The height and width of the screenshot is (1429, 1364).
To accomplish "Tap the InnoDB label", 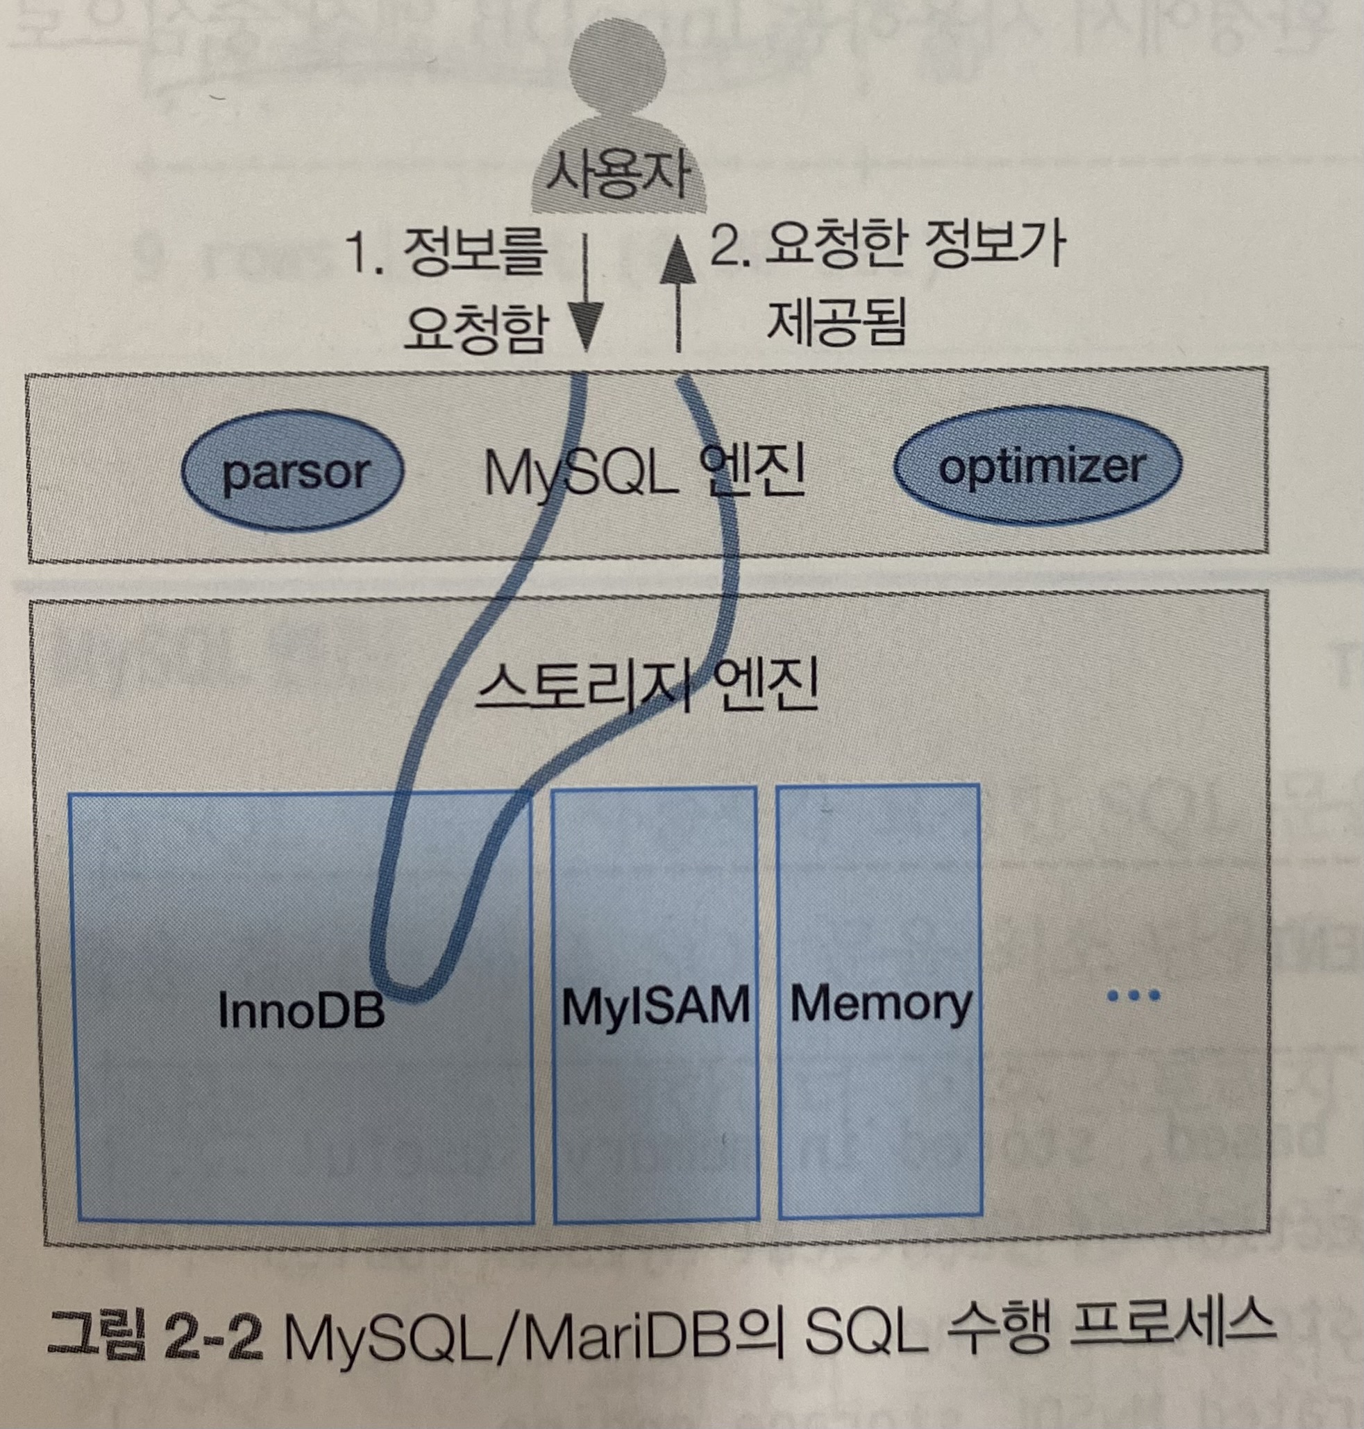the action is (301, 1010).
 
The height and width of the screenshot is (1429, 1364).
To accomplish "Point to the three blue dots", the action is (1133, 996).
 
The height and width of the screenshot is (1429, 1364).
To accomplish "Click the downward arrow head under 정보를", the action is (586, 331).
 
